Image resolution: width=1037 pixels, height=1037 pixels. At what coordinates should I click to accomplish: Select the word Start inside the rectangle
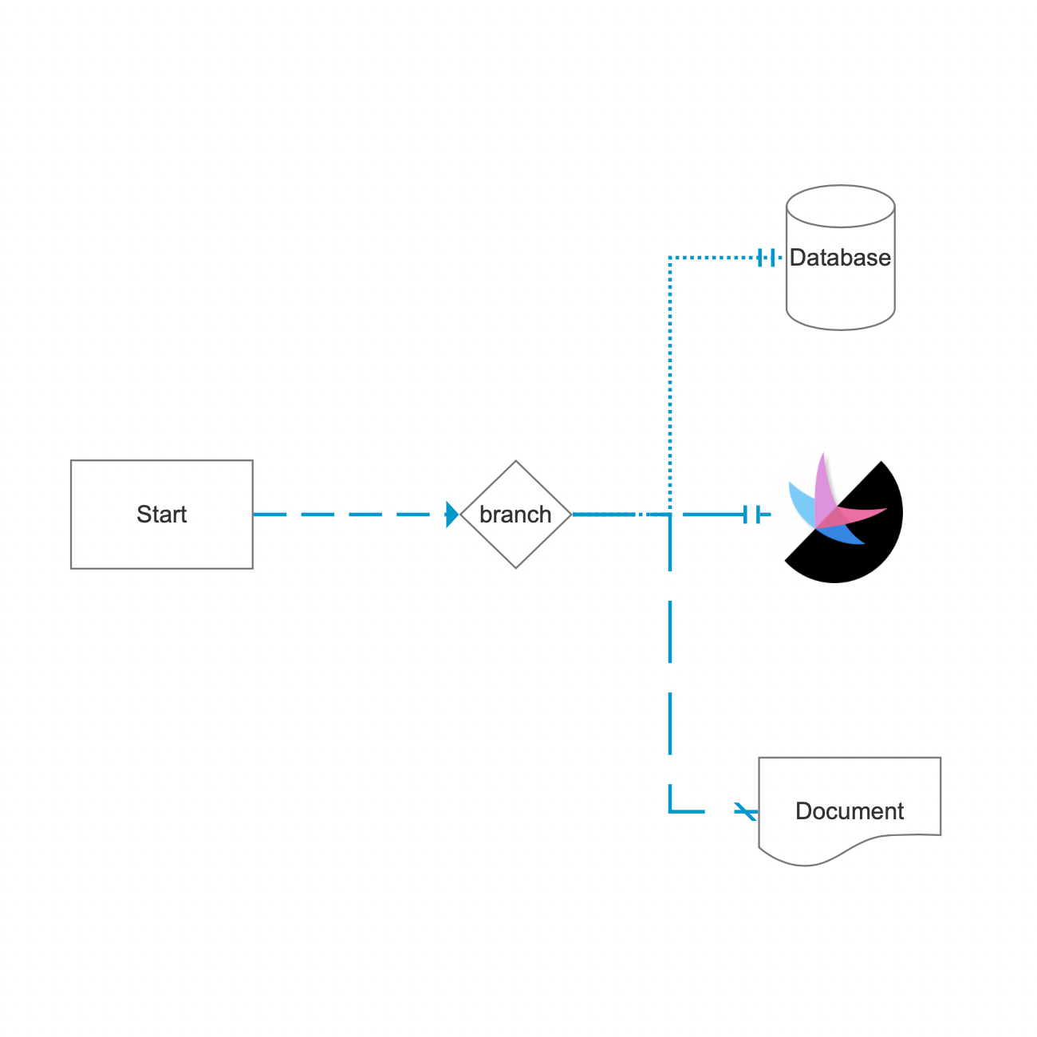[x=162, y=515]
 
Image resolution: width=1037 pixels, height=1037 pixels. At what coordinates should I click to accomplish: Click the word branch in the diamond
[x=515, y=515]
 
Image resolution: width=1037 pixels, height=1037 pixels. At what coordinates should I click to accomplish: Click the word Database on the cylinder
[x=840, y=258]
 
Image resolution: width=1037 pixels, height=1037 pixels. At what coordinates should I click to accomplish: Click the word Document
[x=850, y=811]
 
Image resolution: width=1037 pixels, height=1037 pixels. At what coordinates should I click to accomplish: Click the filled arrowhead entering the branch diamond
[x=452, y=515]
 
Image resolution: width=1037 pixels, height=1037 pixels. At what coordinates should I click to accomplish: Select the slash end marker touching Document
[x=745, y=811]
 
